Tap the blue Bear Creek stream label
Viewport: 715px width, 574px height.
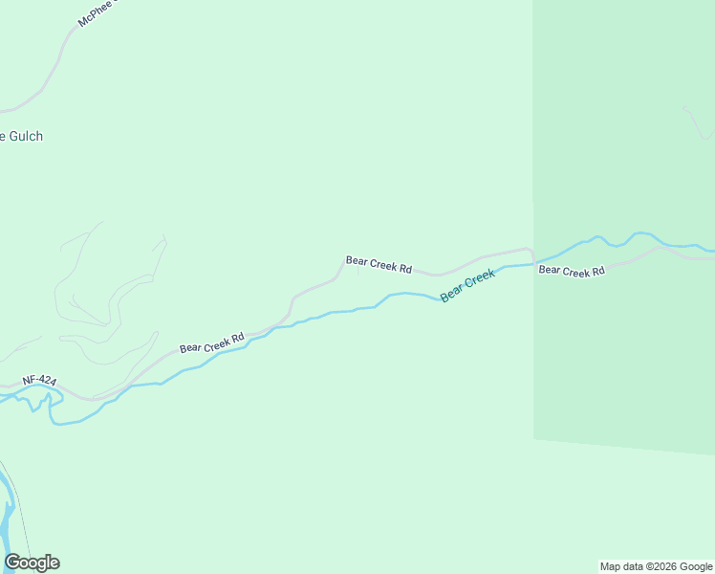[x=467, y=286]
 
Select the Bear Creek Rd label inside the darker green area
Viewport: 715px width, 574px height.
[x=572, y=271]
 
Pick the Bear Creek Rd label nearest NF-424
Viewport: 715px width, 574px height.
[x=212, y=342]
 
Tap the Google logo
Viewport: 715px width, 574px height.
[x=32, y=563]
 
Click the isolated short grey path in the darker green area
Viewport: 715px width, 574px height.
[x=698, y=122]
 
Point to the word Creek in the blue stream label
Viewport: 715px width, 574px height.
[x=480, y=279]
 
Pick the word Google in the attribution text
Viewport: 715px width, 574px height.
[x=696, y=566]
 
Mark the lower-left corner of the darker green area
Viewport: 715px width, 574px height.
[x=533, y=439]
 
